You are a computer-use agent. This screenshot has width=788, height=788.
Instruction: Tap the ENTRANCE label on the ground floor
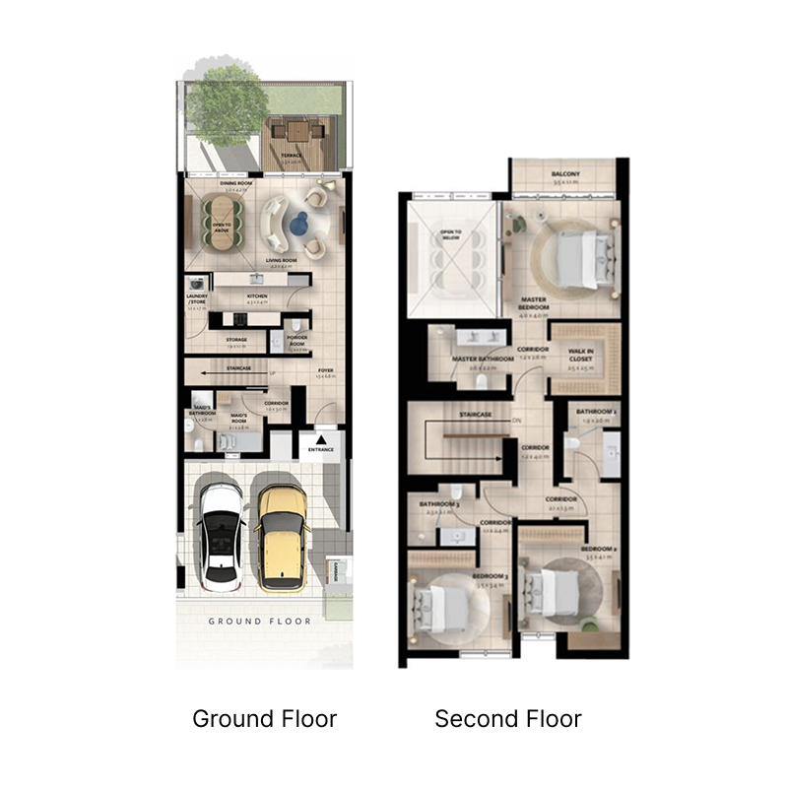(321, 450)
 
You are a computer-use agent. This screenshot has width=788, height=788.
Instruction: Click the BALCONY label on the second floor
(566, 175)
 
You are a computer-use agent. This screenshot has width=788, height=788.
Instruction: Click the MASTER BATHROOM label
(483, 360)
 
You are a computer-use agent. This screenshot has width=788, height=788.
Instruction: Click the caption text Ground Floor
(264, 719)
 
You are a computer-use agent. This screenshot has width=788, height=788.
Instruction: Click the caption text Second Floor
(508, 719)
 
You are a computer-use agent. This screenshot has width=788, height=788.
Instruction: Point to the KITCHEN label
(256, 295)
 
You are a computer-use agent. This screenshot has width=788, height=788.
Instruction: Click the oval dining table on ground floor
(221, 225)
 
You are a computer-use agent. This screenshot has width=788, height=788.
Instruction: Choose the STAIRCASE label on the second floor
(475, 415)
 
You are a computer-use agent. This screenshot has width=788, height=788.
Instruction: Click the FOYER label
(322, 370)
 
